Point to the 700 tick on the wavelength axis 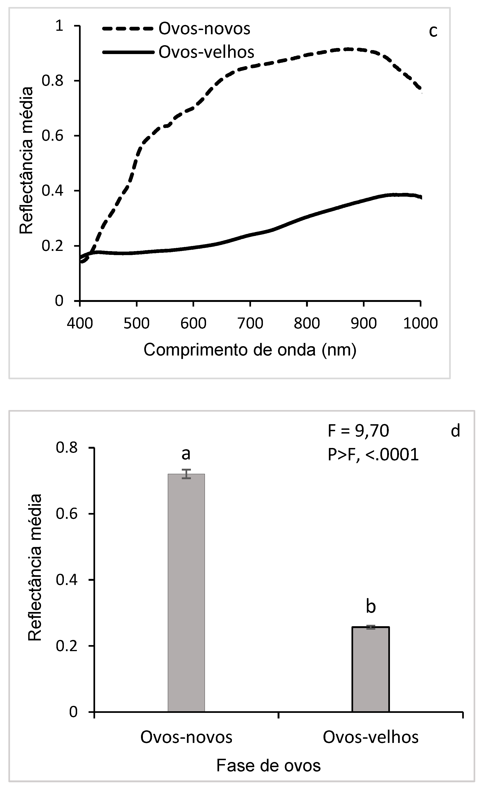click(x=250, y=323)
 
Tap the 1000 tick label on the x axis click(x=420, y=323)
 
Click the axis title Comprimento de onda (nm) click(x=250, y=350)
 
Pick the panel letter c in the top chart click(x=433, y=31)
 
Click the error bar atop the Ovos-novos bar click(x=186, y=474)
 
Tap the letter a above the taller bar click(x=186, y=454)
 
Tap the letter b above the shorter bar click(x=371, y=607)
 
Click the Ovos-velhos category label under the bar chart click(x=370, y=737)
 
